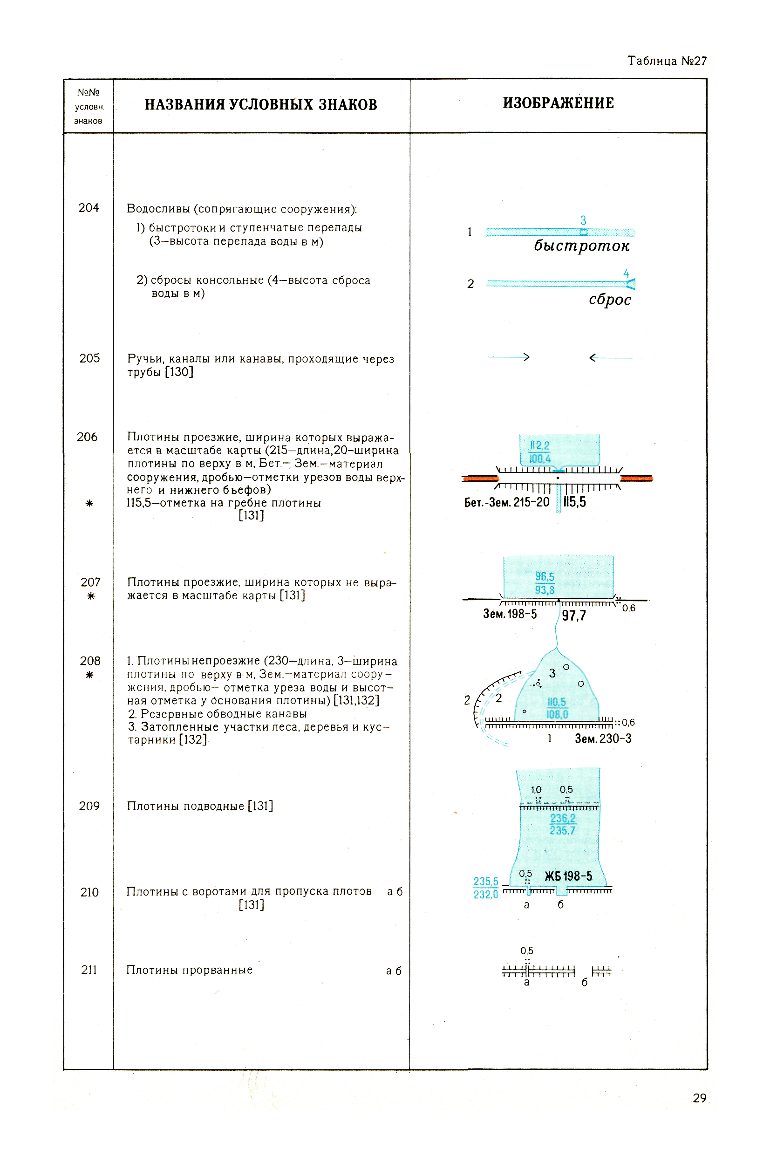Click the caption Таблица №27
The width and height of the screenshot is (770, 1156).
click(x=667, y=61)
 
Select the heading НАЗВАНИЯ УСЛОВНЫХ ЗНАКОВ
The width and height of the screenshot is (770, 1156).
click(x=261, y=104)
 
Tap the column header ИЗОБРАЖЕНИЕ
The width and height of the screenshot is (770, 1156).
click(x=559, y=103)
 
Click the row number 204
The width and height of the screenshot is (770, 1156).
click(x=89, y=208)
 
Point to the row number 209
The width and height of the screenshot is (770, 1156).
click(x=89, y=806)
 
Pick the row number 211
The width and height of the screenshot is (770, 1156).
click(x=89, y=970)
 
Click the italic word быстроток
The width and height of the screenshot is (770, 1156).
click(x=581, y=246)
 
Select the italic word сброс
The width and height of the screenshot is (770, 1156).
click(x=610, y=300)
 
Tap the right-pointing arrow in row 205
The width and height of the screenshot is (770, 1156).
click(x=509, y=357)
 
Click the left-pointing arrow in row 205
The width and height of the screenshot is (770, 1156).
click(x=610, y=357)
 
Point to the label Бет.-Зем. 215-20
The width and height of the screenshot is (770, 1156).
click(x=506, y=502)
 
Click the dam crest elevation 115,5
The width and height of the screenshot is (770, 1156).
click(x=574, y=502)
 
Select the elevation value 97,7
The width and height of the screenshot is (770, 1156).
click(x=573, y=616)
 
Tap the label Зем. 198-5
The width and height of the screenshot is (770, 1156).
click(x=510, y=614)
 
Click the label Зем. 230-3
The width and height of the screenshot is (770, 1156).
click(x=603, y=738)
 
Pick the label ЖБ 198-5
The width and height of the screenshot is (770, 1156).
click(x=568, y=876)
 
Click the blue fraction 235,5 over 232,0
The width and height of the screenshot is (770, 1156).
click(x=486, y=888)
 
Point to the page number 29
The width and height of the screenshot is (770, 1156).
click(x=699, y=1098)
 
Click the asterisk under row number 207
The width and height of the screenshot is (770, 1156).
click(x=90, y=596)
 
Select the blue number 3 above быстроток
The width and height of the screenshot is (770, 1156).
click(x=583, y=220)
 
